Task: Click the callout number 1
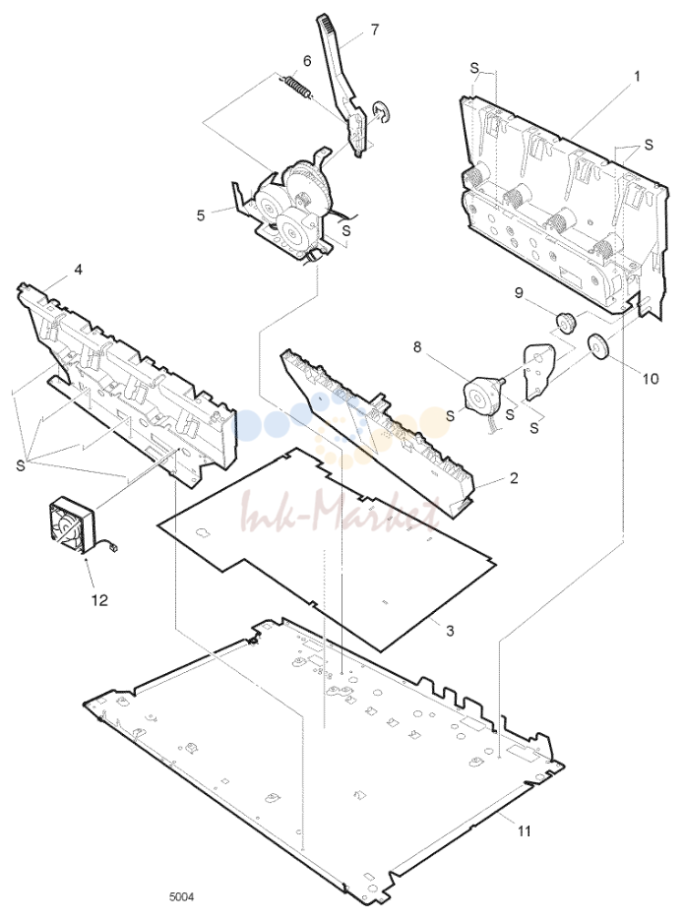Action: point(637,77)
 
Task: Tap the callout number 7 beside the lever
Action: point(375,30)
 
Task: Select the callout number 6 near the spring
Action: point(307,61)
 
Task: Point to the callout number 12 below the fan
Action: point(99,600)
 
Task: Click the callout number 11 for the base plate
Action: point(524,830)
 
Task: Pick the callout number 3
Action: point(450,632)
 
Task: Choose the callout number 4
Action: point(78,270)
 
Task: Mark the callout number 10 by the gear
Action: point(651,379)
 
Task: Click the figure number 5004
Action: point(181,897)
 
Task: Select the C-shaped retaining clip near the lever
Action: point(379,112)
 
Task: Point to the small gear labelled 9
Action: point(565,322)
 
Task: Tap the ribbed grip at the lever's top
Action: point(328,30)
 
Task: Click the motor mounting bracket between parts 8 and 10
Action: point(539,371)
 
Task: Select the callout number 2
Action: point(514,478)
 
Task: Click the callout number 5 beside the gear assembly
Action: point(201,215)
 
